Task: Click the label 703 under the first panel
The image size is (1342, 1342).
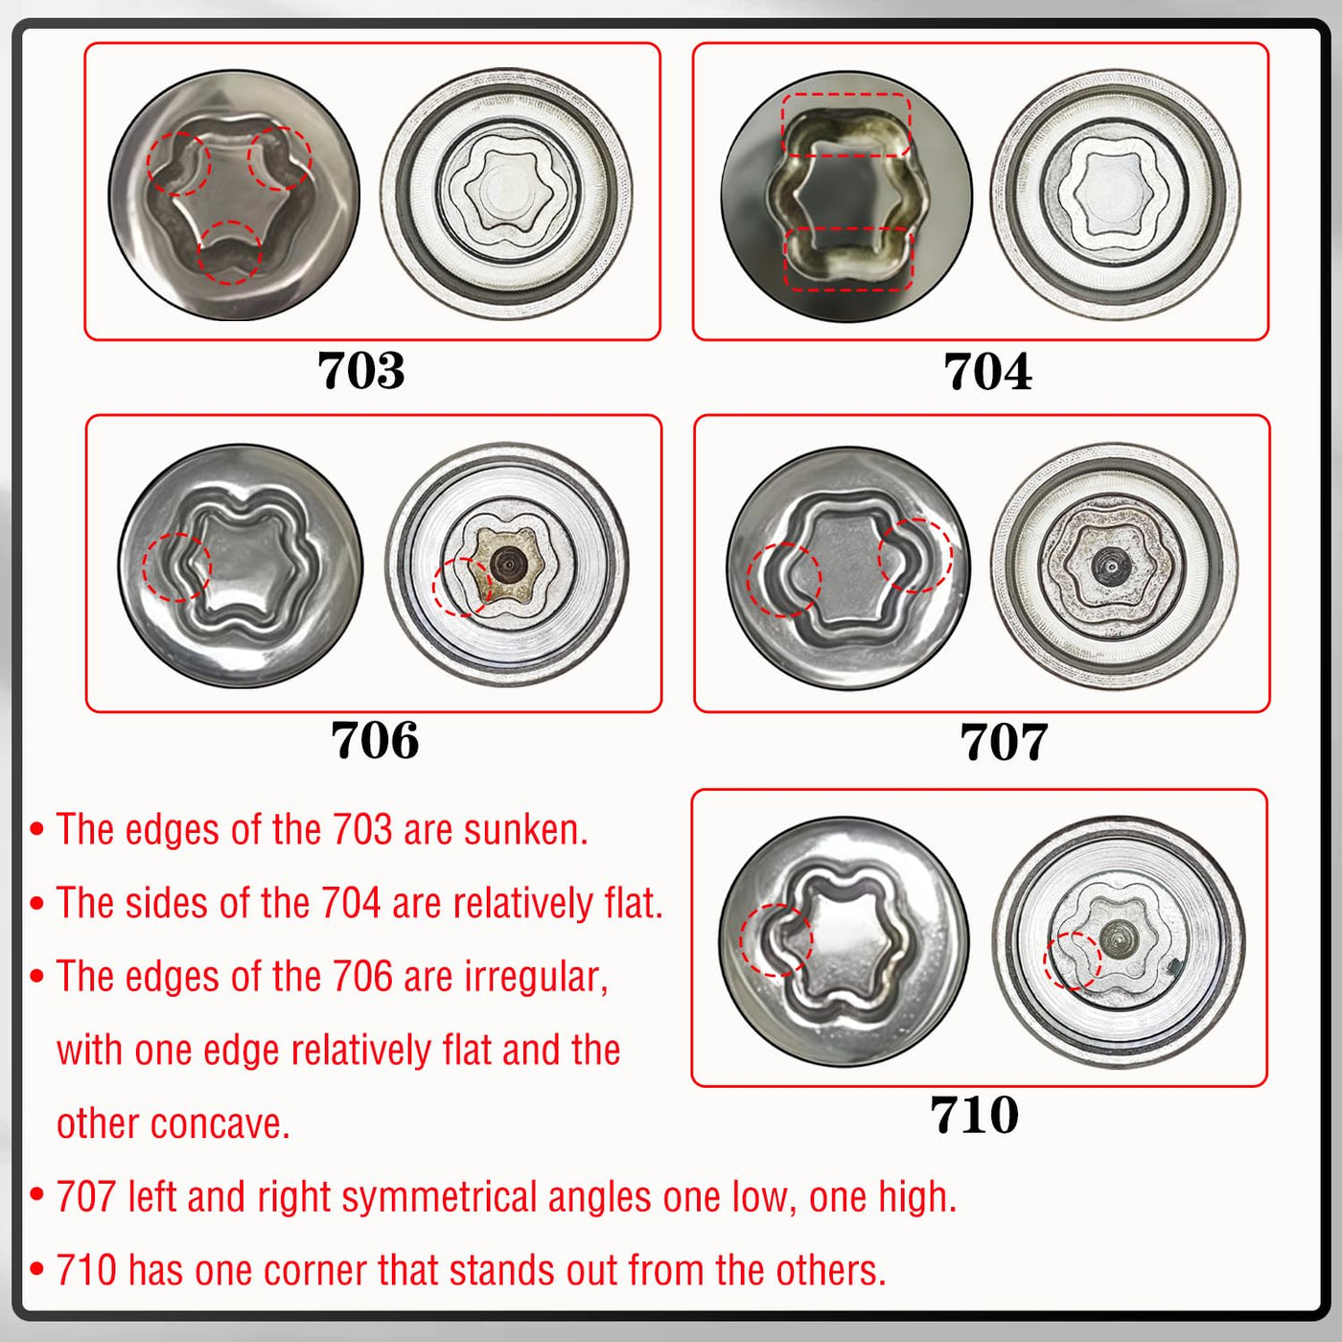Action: pos(360,370)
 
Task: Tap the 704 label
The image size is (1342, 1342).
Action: pos(987,371)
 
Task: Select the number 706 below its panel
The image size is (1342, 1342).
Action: pos(375,740)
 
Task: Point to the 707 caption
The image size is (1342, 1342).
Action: pos(1004,742)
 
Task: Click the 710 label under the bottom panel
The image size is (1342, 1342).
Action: pos(974,1115)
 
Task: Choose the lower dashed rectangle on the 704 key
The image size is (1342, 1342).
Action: pos(849,259)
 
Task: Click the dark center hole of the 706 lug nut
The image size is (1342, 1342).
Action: pos(509,564)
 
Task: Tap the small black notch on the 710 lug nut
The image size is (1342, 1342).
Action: pos(1174,965)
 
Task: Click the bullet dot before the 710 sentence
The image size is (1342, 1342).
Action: pos(37,1268)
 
